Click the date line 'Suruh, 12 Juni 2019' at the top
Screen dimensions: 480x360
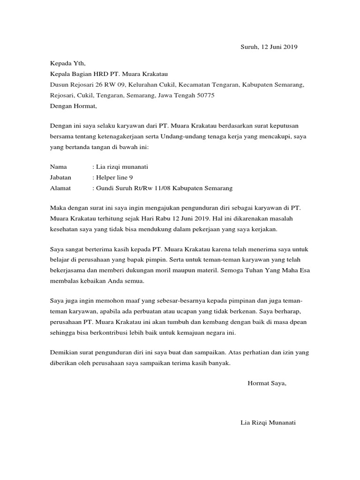click(269, 47)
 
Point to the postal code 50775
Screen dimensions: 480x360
click(205, 95)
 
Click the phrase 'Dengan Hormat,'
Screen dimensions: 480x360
click(73, 106)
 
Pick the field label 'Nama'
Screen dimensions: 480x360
click(58, 166)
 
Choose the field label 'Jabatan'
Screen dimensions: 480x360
click(60, 178)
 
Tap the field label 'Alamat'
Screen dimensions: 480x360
click(60, 188)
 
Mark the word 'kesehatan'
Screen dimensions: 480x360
click(64, 230)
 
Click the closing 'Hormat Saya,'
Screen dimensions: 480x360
click(266, 383)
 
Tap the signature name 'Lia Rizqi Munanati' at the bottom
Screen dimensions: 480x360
click(268, 422)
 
